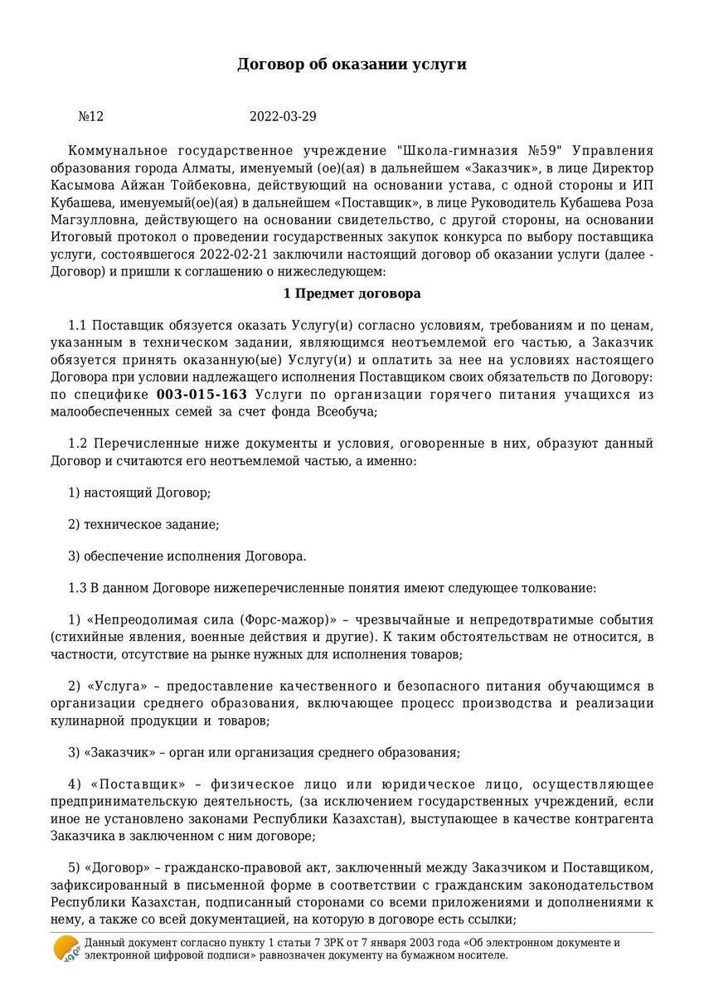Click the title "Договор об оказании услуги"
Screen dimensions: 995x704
[x=352, y=64]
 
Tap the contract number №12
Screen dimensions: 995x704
[x=90, y=117]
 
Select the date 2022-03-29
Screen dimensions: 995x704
[x=283, y=117]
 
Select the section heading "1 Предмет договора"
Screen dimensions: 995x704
[x=352, y=294]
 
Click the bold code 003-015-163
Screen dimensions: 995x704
[x=201, y=394]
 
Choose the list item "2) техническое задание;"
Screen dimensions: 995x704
[x=143, y=524]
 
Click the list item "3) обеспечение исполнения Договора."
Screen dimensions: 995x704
[x=187, y=556]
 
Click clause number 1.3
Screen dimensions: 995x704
[x=78, y=588]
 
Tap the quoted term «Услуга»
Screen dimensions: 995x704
[x=115, y=686]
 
